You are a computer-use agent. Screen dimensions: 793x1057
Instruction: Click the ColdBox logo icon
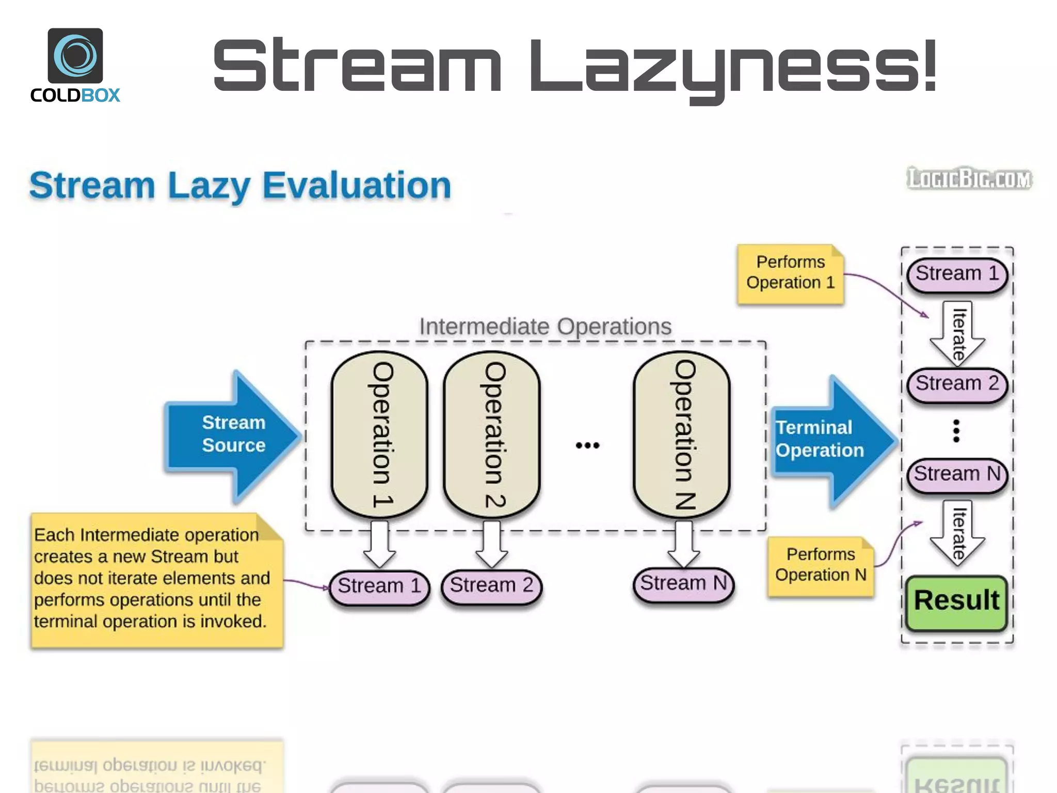point(75,56)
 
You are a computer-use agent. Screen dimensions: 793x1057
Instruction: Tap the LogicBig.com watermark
point(969,179)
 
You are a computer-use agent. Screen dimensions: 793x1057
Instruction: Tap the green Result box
point(956,602)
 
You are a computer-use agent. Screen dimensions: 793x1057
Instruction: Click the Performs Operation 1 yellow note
point(790,273)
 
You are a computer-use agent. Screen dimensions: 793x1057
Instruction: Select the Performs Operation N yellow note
point(820,565)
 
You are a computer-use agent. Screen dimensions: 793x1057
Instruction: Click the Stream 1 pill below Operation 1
point(379,586)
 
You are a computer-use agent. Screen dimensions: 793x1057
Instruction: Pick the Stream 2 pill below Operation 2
point(491,585)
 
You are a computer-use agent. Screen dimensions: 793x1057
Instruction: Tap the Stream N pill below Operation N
point(683,583)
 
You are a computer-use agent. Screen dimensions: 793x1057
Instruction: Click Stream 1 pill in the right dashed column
point(957,274)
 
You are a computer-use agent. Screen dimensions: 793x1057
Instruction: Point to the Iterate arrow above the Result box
point(957,533)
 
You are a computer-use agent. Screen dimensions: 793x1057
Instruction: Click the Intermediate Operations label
point(545,326)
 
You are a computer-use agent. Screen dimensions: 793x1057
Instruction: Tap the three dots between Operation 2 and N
point(587,445)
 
